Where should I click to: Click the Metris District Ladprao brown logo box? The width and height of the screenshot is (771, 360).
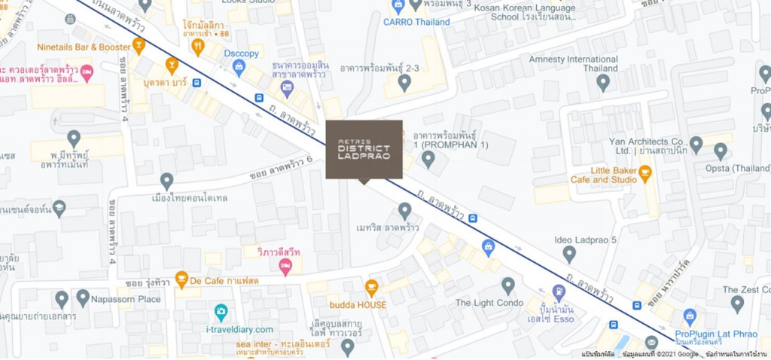364,149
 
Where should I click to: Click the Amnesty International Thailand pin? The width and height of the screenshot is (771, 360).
602,83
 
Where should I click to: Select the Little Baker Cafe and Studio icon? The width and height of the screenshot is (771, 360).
645,174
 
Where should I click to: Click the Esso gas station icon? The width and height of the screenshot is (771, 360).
558,291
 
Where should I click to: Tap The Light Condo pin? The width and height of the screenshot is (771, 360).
508,285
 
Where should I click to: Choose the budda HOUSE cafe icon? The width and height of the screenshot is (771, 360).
371,288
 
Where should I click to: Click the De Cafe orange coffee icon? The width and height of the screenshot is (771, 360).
181,279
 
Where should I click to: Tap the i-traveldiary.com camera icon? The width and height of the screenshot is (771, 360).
221,312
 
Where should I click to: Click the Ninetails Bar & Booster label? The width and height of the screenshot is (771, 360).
83,46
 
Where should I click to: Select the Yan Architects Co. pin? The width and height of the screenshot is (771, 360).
696,145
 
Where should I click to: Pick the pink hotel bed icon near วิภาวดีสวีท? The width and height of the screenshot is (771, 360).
285,267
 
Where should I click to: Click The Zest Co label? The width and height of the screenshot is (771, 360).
745,290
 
